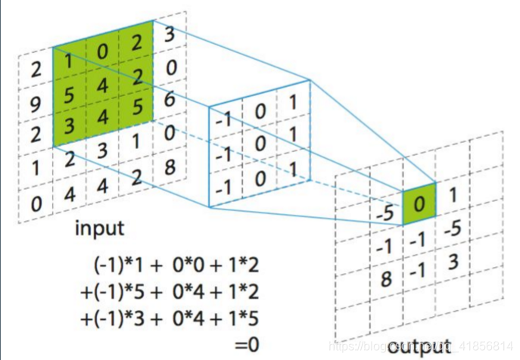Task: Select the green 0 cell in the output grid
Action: pos(421,201)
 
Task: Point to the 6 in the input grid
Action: pos(170,98)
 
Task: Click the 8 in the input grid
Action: pos(170,164)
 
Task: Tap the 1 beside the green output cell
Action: pos(453,195)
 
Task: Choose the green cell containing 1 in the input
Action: pos(68,64)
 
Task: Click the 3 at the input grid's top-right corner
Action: pos(170,35)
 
